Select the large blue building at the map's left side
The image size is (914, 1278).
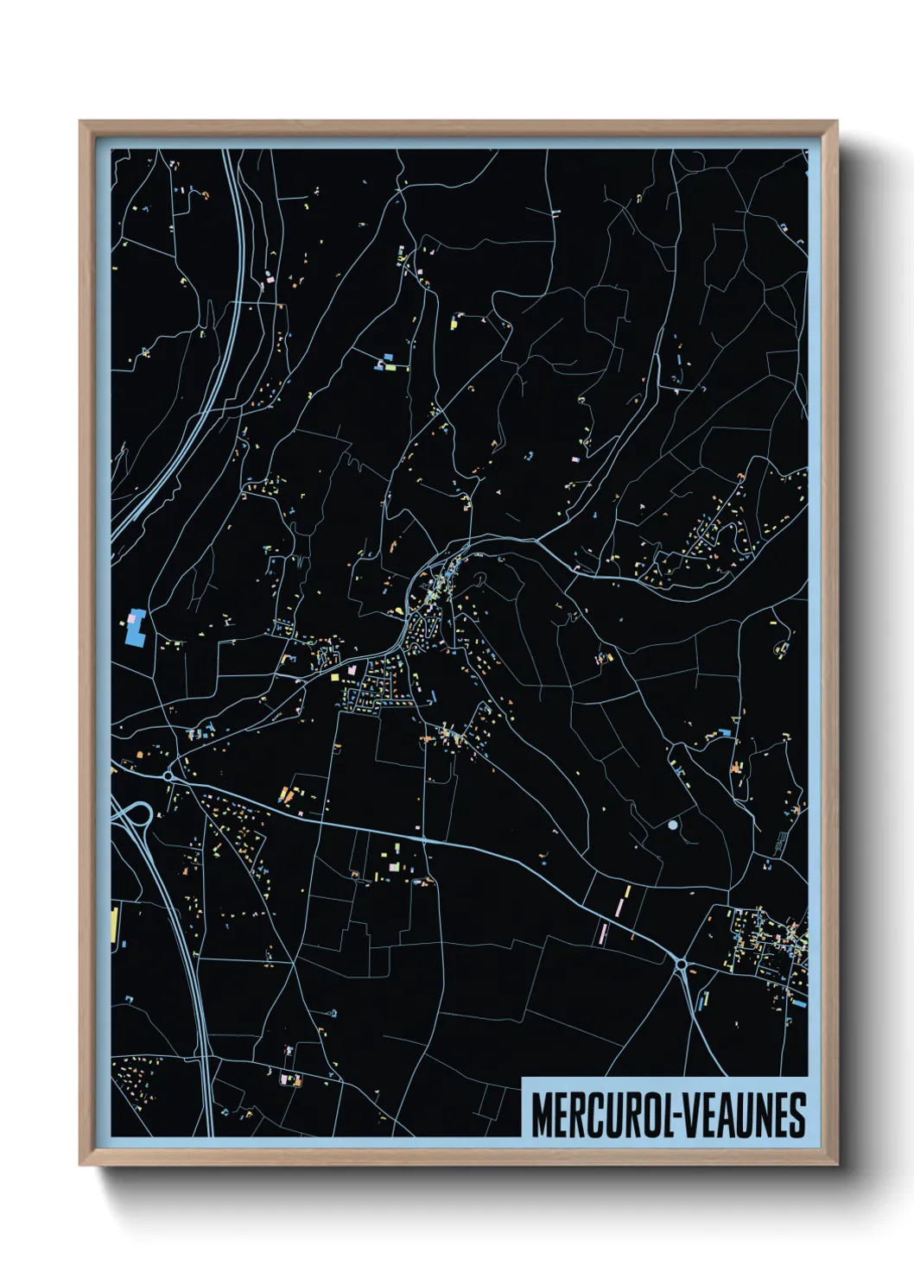point(135,627)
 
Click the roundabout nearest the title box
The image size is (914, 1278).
point(681,964)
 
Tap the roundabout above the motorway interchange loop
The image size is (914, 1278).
point(169,776)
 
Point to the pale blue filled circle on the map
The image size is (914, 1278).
point(673,826)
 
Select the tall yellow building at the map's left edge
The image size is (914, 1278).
point(114,925)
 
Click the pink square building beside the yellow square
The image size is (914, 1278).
point(352,668)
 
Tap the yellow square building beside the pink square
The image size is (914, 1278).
point(334,678)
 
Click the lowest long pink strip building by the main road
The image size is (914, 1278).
point(603,934)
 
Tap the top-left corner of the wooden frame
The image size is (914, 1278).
point(81,123)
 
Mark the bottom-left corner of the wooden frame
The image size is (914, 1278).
point(81,1164)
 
